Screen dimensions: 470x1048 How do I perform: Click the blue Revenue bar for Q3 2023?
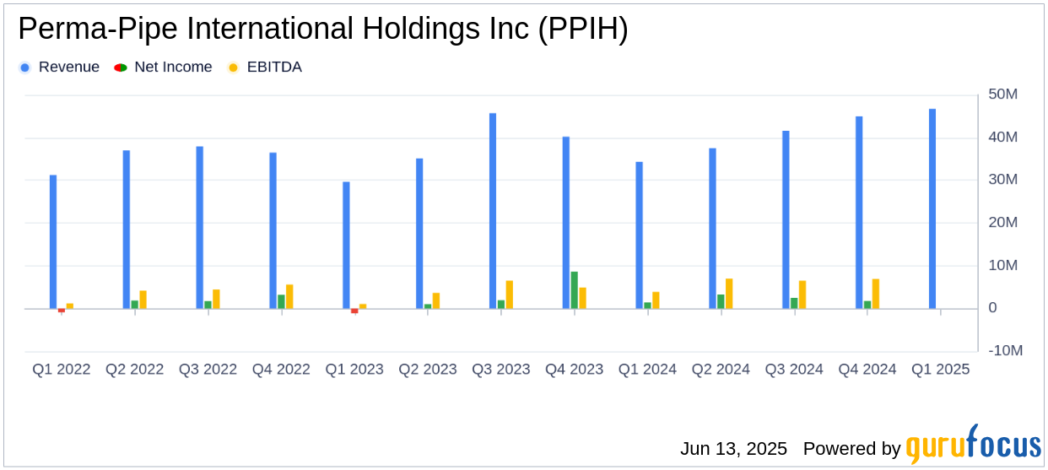click(x=493, y=211)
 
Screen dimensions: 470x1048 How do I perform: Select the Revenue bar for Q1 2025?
click(x=932, y=208)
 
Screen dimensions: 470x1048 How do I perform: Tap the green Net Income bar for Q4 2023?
click(x=575, y=289)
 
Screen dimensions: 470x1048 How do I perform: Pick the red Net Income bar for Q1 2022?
click(x=62, y=311)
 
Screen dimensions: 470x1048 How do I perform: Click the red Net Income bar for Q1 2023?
click(x=354, y=311)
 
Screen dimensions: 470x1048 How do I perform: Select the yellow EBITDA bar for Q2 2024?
click(x=729, y=294)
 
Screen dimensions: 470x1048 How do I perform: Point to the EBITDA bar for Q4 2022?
click(x=289, y=296)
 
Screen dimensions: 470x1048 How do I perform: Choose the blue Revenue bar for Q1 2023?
click(x=346, y=245)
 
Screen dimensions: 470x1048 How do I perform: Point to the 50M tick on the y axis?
click(x=1003, y=95)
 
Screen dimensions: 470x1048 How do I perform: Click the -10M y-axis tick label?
click(x=1003, y=351)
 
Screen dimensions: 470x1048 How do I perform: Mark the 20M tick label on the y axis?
click(x=1003, y=223)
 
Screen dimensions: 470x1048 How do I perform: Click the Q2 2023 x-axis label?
click(x=428, y=370)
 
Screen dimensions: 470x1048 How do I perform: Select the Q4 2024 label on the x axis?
click(x=867, y=370)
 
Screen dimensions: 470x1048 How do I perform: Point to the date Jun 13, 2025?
click(x=733, y=449)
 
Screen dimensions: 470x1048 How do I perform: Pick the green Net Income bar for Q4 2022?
click(x=281, y=301)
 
